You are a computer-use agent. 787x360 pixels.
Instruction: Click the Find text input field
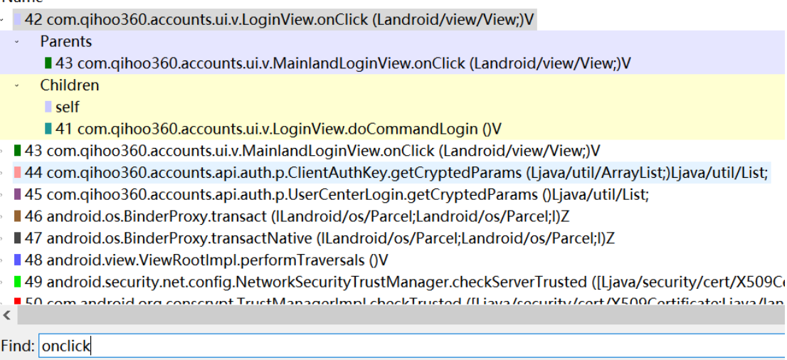pos(413,346)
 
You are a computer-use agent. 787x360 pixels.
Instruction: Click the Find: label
pos(18,346)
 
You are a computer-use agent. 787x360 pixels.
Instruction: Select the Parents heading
pos(66,41)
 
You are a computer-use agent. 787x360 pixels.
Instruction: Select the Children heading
pos(70,85)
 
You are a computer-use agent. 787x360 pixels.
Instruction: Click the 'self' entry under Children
pos(67,107)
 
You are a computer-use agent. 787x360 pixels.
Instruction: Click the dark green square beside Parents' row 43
pos(48,63)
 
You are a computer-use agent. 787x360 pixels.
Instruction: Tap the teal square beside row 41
pos(48,129)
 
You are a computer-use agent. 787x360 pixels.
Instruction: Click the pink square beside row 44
pos(17,173)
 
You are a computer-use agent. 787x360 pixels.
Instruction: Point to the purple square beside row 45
pos(17,195)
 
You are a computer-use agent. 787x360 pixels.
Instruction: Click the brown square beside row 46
pos(17,216)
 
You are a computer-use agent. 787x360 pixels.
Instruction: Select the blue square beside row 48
pos(17,260)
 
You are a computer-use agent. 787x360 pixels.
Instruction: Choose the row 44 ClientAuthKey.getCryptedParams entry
pos(396,173)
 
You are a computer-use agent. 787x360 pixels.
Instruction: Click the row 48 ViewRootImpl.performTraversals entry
pos(206,260)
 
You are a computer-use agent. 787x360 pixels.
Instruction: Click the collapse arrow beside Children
pos(16,85)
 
